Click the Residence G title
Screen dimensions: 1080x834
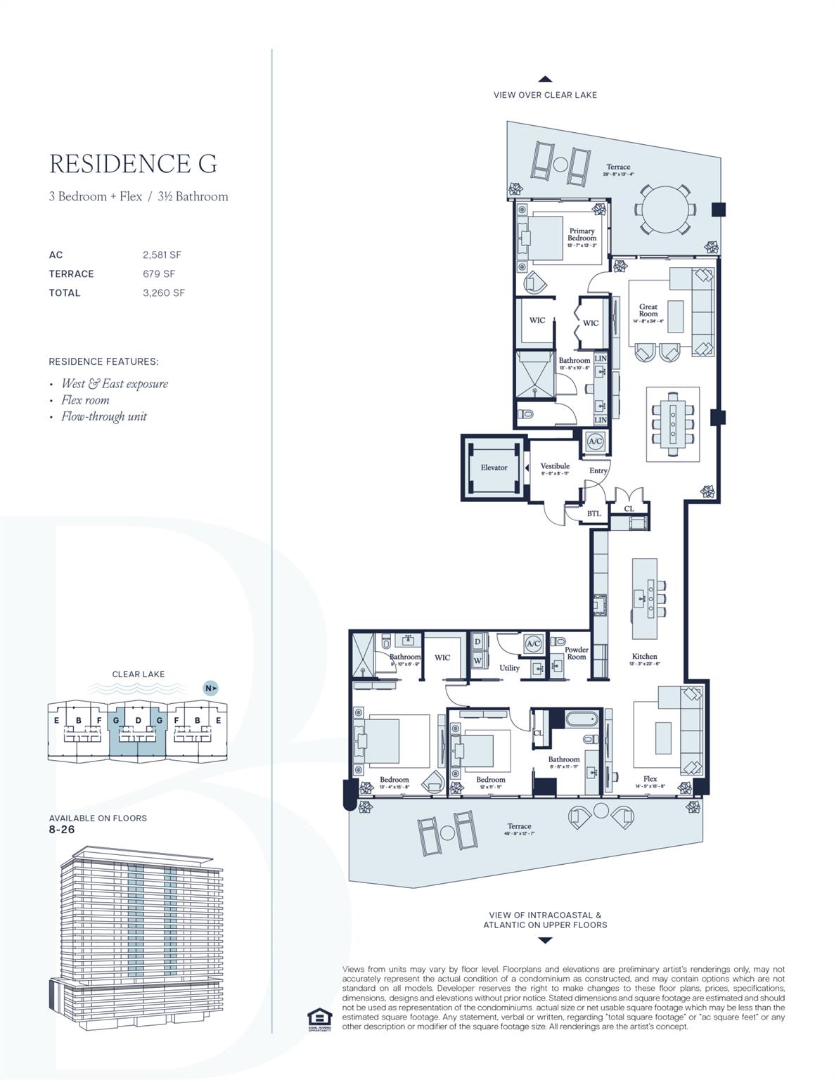tap(133, 164)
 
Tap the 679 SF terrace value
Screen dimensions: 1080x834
tap(159, 274)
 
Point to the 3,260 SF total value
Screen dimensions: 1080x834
tap(163, 293)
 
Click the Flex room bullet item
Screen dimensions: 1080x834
tap(85, 400)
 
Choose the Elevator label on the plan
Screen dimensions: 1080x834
tap(494, 468)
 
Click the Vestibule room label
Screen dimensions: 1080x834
tap(555, 466)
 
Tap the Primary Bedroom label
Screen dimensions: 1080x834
tap(582, 234)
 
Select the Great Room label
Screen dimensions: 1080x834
tap(648, 310)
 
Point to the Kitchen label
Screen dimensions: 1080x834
tap(644, 657)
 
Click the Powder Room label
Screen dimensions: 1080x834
tap(577, 653)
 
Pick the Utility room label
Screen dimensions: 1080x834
tap(509, 668)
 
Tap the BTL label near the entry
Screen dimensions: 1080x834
tap(594, 514)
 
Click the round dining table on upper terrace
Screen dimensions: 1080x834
tap(666, 210)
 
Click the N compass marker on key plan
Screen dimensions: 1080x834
tap(210, 688)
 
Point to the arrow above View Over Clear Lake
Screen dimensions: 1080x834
tap(545, 79)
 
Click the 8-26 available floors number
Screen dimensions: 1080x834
tap(62, 830)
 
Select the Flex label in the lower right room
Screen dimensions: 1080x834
tap(650, 779)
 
